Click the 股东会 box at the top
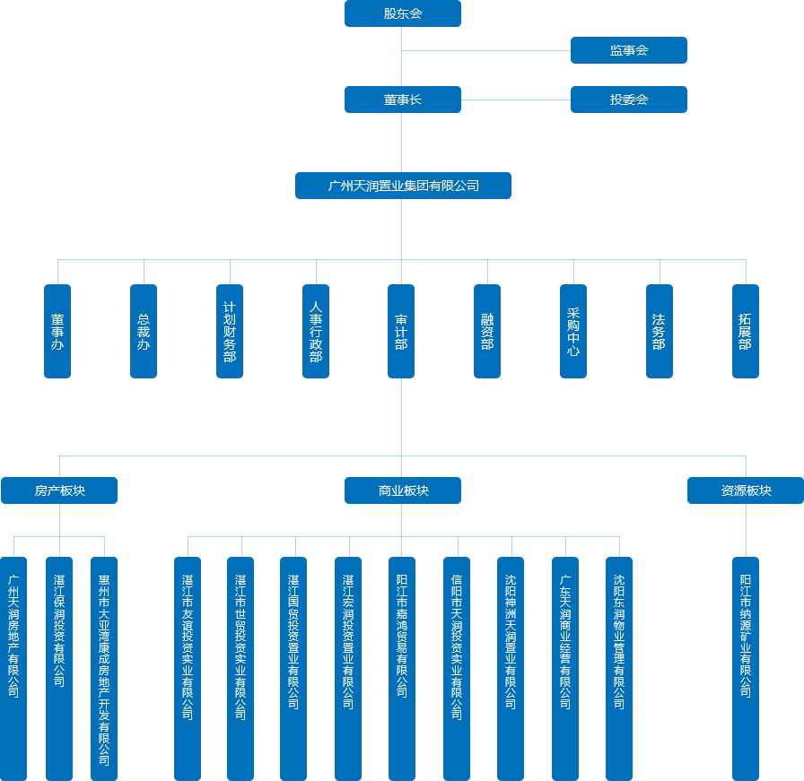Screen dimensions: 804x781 tap(403, 13)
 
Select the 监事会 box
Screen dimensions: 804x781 tap(629, 50)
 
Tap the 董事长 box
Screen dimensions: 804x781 tap(403, 100)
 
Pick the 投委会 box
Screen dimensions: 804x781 tap(629, 100)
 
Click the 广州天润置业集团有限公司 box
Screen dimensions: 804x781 tap(403, 186)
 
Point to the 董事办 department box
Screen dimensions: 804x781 tap(57, 331)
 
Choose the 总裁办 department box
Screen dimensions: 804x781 tap(144, 331)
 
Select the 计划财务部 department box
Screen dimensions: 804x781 tap(230, 331)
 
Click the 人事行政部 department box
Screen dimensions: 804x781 tap(316, 331)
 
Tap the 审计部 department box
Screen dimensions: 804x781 tap(401, 331)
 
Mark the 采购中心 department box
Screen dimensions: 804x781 tap(573, 331)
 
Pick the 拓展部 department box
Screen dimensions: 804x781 tap(746, 331)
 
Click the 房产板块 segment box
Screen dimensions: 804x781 tap(59, 490)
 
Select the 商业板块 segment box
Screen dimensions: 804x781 tap(403, 490)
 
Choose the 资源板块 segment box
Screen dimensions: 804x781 tap(746, 490)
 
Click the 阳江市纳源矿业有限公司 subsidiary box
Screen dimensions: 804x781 tap(746, 669)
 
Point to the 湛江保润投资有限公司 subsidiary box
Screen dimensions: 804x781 tap(59, 669)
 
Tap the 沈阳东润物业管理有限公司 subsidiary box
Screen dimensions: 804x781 tap(619, 669)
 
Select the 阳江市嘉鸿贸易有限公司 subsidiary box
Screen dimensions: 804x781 tap(402, 669)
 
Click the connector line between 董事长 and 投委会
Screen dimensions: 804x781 tap(516, 100)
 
